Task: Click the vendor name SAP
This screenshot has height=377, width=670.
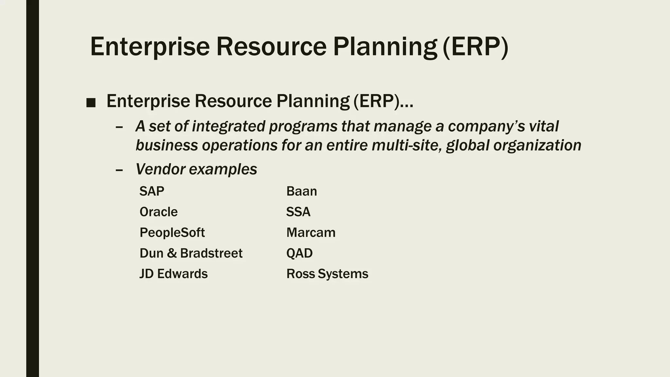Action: (x=151, y=191)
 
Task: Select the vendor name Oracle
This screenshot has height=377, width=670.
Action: (x=158, y=212)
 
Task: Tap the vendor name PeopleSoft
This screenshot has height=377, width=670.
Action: (x=172, y=233)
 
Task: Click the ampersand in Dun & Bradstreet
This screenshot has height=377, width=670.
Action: (x=171, y=253)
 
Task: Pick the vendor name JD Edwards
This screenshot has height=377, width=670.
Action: (x=173, y=274)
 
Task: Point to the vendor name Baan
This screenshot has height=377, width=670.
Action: (x=301, y=191)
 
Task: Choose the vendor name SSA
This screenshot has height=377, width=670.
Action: (x=298, y=212)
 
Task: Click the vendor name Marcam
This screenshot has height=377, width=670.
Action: (x=311, y=233)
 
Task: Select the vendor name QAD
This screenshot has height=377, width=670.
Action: (x=299, y=253)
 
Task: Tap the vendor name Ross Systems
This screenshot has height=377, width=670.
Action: (x=327, y=274)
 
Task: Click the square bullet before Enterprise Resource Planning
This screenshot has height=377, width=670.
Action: (x=91, y=103)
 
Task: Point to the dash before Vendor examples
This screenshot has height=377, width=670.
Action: (x=119, y=170)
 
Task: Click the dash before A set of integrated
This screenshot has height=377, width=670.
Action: (x=119, y=127)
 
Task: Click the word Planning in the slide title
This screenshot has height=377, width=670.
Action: (x=385, y=46)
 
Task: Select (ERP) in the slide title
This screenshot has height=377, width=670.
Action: (x=475, y=46)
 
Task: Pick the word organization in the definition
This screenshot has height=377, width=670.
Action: (x=537, y=145)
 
